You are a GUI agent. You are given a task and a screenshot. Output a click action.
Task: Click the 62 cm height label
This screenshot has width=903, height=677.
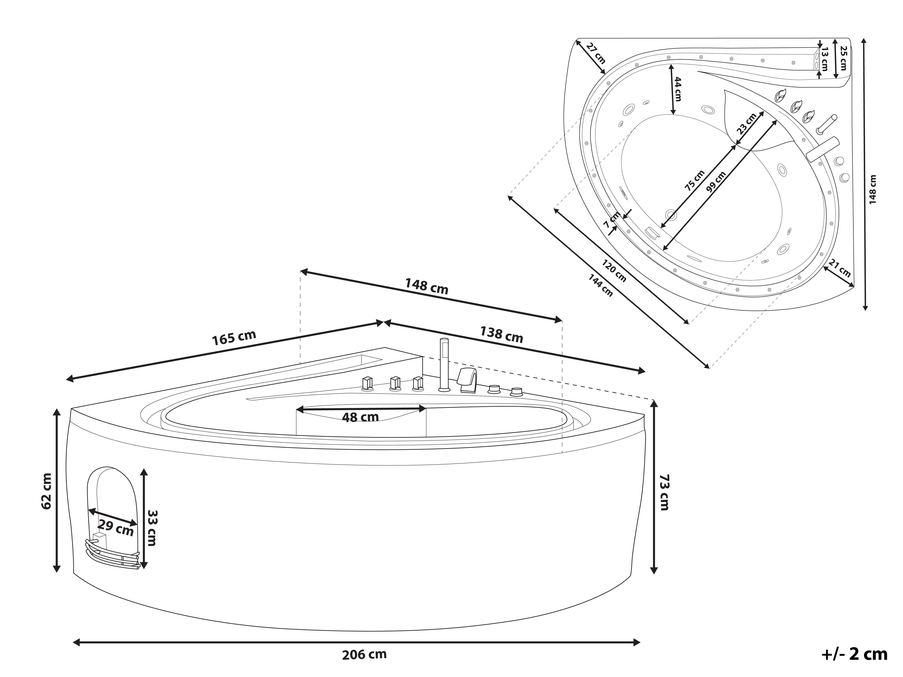[x=46, y=491]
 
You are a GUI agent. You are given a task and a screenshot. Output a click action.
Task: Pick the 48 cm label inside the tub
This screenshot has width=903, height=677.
[x=360, y=417]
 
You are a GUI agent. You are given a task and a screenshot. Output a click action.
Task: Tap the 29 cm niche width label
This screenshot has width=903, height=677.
[x=116, y=528]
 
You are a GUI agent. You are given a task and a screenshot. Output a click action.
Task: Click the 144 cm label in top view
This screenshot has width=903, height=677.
[x=600, y=285]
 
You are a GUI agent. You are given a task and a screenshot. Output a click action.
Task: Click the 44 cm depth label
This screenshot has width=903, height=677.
[x=677, y=89]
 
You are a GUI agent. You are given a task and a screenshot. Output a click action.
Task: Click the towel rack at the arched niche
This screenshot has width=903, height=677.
[x=112, y=554]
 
